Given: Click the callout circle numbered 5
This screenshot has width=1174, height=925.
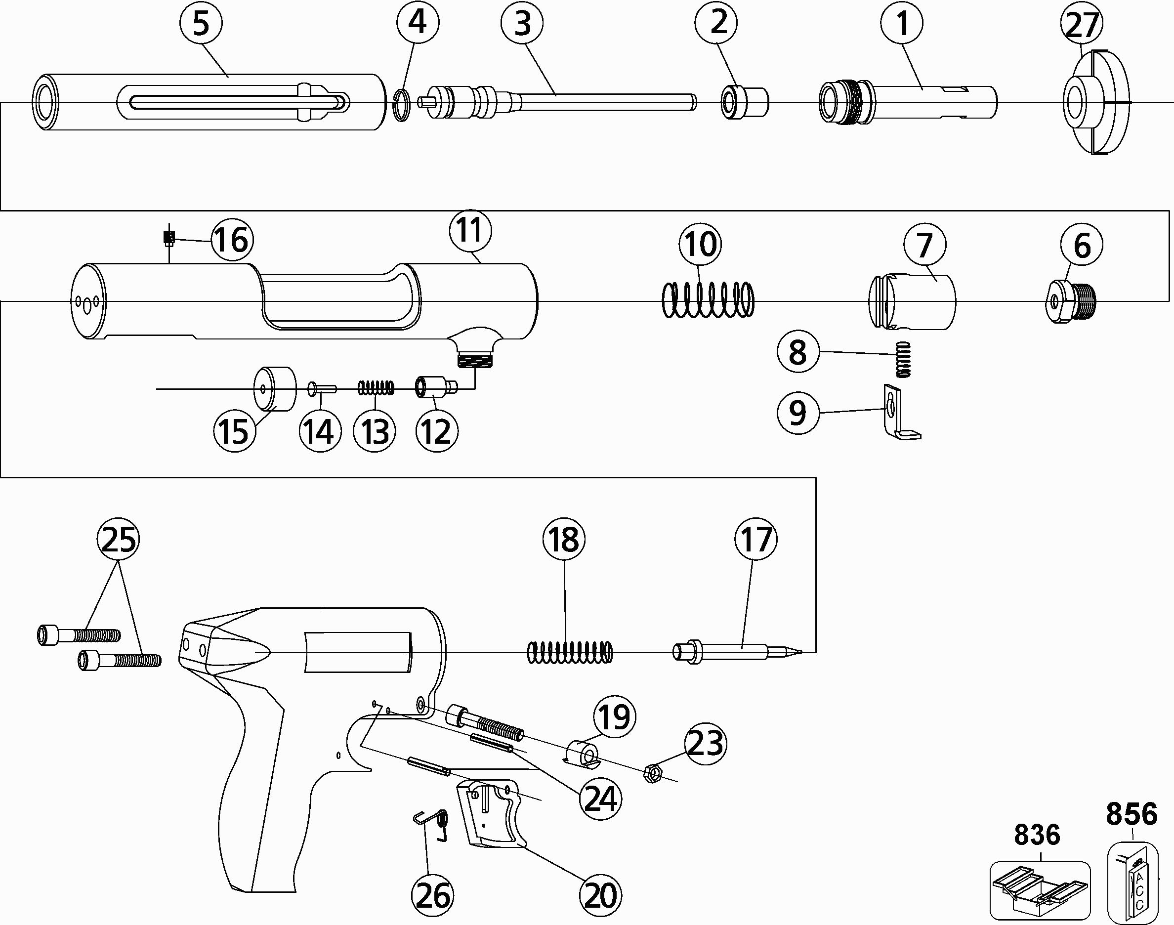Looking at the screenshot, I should [201, 24].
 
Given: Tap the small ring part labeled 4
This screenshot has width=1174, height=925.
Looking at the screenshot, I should [401, 105].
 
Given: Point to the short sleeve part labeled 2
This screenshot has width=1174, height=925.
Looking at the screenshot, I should [745, 102].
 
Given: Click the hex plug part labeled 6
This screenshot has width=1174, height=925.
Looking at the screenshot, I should [1071, 301].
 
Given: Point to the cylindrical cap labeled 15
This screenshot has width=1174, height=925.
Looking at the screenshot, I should [275, 388].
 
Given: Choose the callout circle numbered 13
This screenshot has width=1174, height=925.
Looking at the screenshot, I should [374, 432].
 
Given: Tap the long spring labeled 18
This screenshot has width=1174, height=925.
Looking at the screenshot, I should [570, 652].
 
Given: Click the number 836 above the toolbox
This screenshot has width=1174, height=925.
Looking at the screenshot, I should [1037, 835].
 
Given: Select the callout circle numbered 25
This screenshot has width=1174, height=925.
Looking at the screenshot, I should [118, 540].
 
